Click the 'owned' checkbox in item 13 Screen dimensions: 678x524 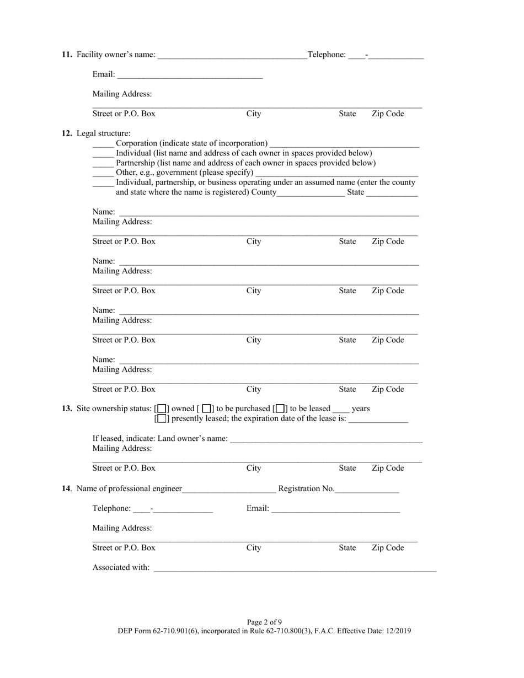tap(162, 408)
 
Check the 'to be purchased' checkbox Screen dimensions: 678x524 tap(206, 408)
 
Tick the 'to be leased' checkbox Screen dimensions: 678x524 tap(280, 408)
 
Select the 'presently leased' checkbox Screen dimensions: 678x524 tap(162, 418)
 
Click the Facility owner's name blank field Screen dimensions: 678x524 tap(232, 55)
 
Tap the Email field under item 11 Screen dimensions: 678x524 tap(190, 74)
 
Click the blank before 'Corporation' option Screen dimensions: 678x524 tap(103, 143)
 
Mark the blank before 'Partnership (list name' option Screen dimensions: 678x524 tap(103, 163)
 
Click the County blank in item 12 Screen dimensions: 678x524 tap(311, 192)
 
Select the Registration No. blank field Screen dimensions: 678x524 tap(366, 489)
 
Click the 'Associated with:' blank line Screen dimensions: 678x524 tap(295, 568)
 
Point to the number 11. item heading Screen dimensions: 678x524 tap(67, 55)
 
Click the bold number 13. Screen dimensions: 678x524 tap(67, 408)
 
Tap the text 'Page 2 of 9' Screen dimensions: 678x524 tap(264, 622)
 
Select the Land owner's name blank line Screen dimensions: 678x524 tap(326, 439)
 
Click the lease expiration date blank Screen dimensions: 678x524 tap(378, 419)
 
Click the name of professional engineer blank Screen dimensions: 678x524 tap(229, 489)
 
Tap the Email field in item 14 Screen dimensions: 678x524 tap(335, 509)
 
